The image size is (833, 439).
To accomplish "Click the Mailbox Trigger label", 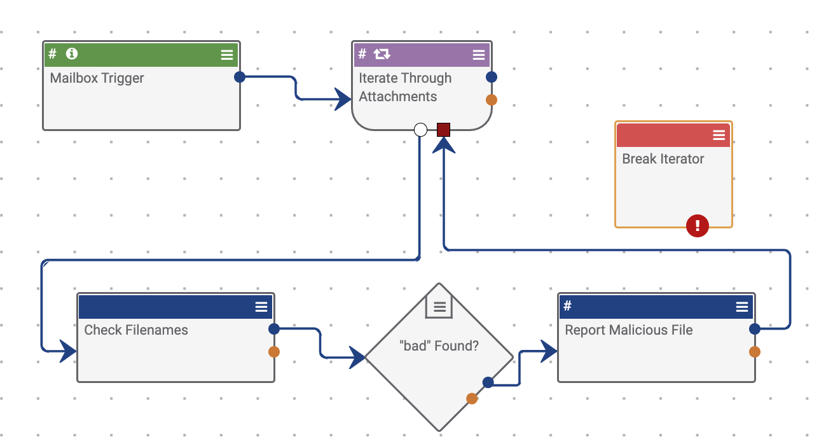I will click(x=97, y=78).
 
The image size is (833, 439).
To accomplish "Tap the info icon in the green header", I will click(x=72, y=54).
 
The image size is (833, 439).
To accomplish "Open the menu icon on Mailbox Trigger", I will click(x=226, y=55).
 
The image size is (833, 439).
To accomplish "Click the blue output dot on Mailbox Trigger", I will click(x=240, y=77).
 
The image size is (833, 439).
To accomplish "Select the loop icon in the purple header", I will click(x=382, y=54).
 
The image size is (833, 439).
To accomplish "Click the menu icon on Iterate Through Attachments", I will click(x=479, y=55).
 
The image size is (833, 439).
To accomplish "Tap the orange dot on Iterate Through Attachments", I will click(x=491, y=100).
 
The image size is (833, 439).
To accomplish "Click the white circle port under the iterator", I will click(x=420, y=130).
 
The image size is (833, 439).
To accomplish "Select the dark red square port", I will click(x=443, y=130).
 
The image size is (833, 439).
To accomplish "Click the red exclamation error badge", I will click(x=698, y=225).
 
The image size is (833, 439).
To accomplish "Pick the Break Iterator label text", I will click(x=663, y=159).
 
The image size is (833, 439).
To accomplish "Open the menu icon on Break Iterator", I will click(x=719, y=135).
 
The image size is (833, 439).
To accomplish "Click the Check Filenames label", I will click(x=136, y=330).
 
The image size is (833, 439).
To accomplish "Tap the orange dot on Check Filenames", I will click(x=274, y=351).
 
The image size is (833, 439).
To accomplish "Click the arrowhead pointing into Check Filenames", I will click(x=67, y=350).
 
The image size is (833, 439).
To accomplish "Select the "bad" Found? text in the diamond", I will click(x=439, y=347).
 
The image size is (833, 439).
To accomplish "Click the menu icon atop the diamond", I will click(x=439, y=306).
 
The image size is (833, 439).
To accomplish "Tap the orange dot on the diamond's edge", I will click(x=472, y=398).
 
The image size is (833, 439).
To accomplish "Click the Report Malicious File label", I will click(x=628, y=330).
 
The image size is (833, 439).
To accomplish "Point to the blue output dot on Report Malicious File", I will click(x=755, y=329).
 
